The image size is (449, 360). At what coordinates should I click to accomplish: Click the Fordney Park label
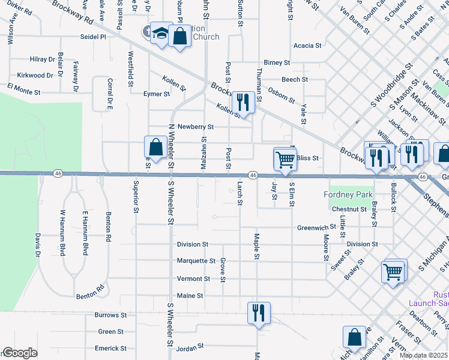coord(348,194)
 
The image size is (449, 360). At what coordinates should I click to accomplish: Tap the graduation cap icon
coord(161,35)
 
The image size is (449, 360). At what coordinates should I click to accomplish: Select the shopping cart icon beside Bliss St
coord(285,159)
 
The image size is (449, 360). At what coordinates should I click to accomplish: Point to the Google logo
coord(19,353)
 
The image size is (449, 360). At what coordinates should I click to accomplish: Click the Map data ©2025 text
coord(423,355)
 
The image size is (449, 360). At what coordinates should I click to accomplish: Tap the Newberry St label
coord(195,127)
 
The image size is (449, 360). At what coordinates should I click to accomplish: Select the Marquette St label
coord(196,261)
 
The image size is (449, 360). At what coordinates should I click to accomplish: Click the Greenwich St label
coord(316,228)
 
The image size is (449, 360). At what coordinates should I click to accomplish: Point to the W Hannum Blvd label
coord(62,232)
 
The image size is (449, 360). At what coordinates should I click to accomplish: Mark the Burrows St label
coord(111,315)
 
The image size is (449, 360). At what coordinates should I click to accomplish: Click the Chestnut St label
coord(348,209)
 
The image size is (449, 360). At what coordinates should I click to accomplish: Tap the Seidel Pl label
coord(93,37)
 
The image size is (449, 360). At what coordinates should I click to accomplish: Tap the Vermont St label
coord(193,279)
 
